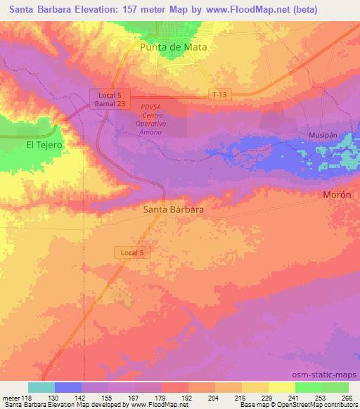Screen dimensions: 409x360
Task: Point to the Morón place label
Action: (336, 195)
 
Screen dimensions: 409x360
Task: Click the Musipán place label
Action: (322, 134)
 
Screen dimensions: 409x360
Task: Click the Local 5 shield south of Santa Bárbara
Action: (131, 251)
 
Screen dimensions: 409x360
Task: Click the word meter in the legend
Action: (12, 397)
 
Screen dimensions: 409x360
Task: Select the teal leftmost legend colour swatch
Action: (41, 387)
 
